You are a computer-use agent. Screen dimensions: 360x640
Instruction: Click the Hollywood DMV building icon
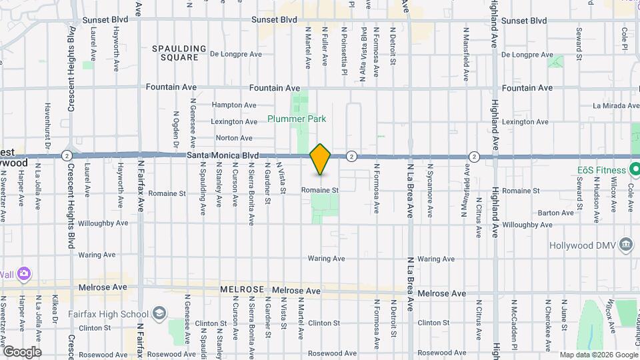625,245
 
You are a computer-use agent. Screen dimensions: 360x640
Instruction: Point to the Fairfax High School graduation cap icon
160,313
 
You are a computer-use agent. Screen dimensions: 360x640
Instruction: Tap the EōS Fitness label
602,171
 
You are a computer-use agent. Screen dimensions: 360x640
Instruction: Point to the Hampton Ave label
234,105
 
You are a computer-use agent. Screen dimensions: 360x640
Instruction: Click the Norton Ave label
234,138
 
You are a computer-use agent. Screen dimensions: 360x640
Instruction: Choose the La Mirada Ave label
616,105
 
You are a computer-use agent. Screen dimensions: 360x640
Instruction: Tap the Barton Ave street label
556,213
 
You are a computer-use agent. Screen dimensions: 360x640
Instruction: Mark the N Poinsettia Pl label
344,47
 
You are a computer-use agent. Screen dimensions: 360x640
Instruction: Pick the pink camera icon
24,273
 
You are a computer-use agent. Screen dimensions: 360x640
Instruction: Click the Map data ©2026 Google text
597,355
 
